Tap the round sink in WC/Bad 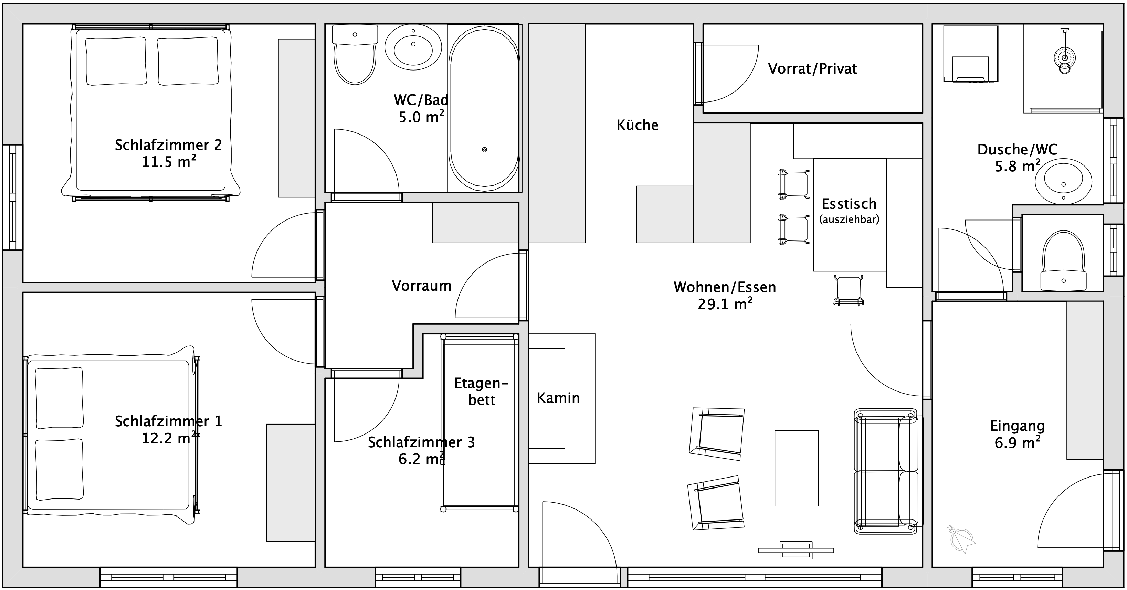click(x=413, y=47)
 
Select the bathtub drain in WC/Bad click(x=484, y=150)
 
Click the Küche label click(x=637, y=125)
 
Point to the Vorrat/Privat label click(x=812, y=69)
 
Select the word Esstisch click(x=849, y=204)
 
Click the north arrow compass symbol click(x=962, y=539)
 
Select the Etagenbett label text click(x=481, y=391)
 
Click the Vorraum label click(x=421, y=286)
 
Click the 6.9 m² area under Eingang click(x=1017, y=443)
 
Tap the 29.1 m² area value click(x=725, y=303)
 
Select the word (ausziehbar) click(x=849, y=219)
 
